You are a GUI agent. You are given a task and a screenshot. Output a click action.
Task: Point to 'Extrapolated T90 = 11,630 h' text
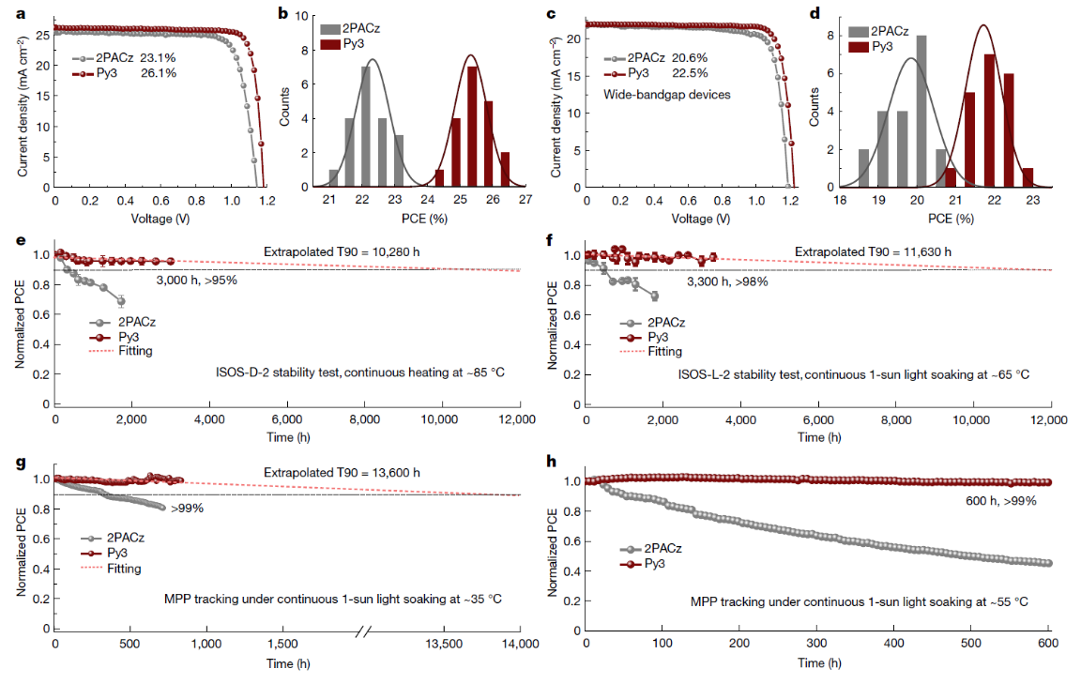873,251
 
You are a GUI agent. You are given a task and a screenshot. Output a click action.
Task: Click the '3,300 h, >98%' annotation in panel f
727,281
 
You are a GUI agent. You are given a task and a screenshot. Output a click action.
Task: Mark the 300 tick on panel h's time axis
816,644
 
